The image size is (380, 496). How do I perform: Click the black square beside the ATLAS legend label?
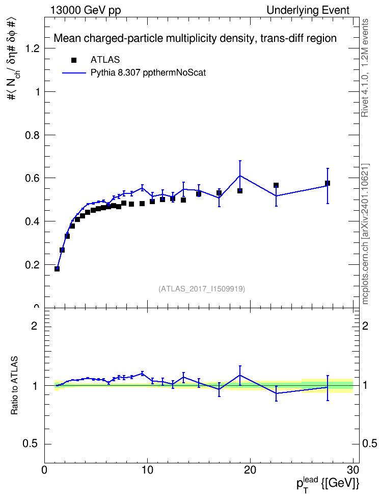[73, 60]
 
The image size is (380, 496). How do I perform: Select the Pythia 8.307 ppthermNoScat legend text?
[148, 73]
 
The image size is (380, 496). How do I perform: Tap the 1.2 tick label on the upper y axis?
[33, 48]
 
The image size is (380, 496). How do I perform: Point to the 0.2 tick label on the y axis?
[33, 265]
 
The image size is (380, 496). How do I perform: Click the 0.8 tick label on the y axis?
[33, 135]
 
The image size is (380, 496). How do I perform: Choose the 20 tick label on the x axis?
[250, 470]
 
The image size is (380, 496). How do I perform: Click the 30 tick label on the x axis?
[353, 470]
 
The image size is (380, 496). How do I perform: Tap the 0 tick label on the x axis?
[44, 470]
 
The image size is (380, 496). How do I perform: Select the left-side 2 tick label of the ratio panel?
[34, 326]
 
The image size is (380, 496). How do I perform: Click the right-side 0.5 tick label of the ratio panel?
[369, 443]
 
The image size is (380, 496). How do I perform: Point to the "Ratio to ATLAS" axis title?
[14, 385]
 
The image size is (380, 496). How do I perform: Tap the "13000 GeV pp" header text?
[86, 10]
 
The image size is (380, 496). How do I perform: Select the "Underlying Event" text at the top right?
[308, 10]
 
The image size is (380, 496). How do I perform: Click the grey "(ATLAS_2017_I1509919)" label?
[202, 288]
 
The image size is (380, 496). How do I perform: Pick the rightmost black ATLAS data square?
[328, 183]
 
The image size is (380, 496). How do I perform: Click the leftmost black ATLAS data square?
[57, 268]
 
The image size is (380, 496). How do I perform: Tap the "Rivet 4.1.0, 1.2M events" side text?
[365, 68]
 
